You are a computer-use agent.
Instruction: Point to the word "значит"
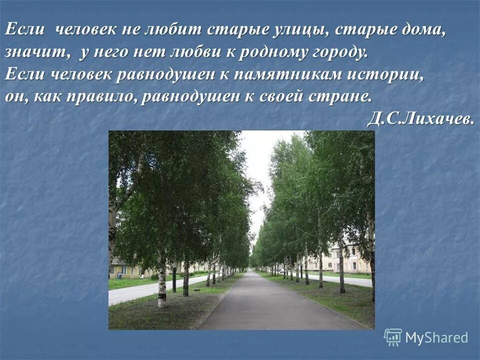click(x=31, y=52)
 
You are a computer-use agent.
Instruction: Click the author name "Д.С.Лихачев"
click(x=420, y=118)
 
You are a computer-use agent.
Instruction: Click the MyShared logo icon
click(x=392, y=337)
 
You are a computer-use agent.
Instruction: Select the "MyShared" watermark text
click(x=436, y=337)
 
